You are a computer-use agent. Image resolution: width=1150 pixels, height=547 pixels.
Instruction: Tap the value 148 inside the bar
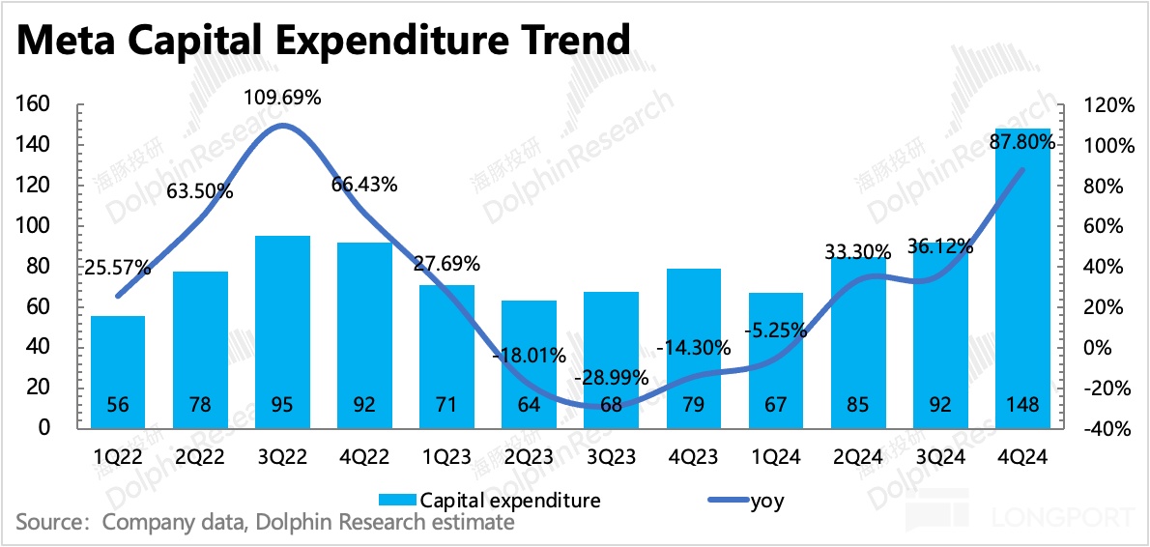pyautogui.click(x=1022, y=405)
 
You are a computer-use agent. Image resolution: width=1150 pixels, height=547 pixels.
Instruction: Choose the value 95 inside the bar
pyautogui.click(x=282, y=405)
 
